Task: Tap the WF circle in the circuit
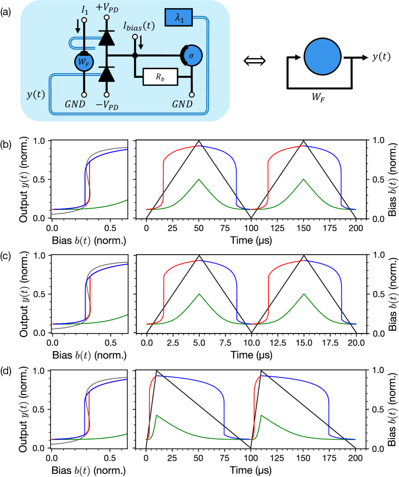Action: [83, 64]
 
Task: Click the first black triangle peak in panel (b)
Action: [199, 140]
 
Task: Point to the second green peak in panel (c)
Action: [304, 294]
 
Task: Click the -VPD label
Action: [107, 104]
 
